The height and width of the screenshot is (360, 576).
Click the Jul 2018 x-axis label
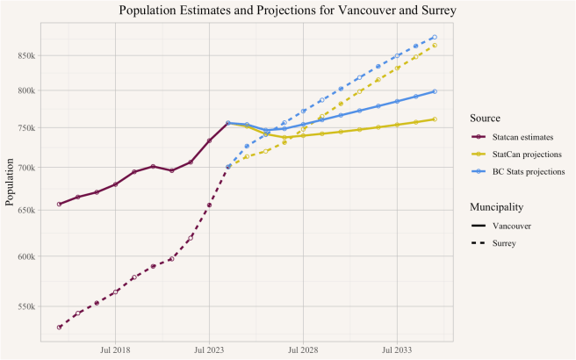[x=115, y=349]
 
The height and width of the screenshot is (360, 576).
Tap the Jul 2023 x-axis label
[x=209, y=349]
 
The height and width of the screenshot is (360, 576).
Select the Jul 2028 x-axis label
[x=303, y=349]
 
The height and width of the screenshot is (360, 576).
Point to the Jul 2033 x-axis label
[x=397, y=349]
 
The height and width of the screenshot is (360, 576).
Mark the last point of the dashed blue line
[x=435, y=38]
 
